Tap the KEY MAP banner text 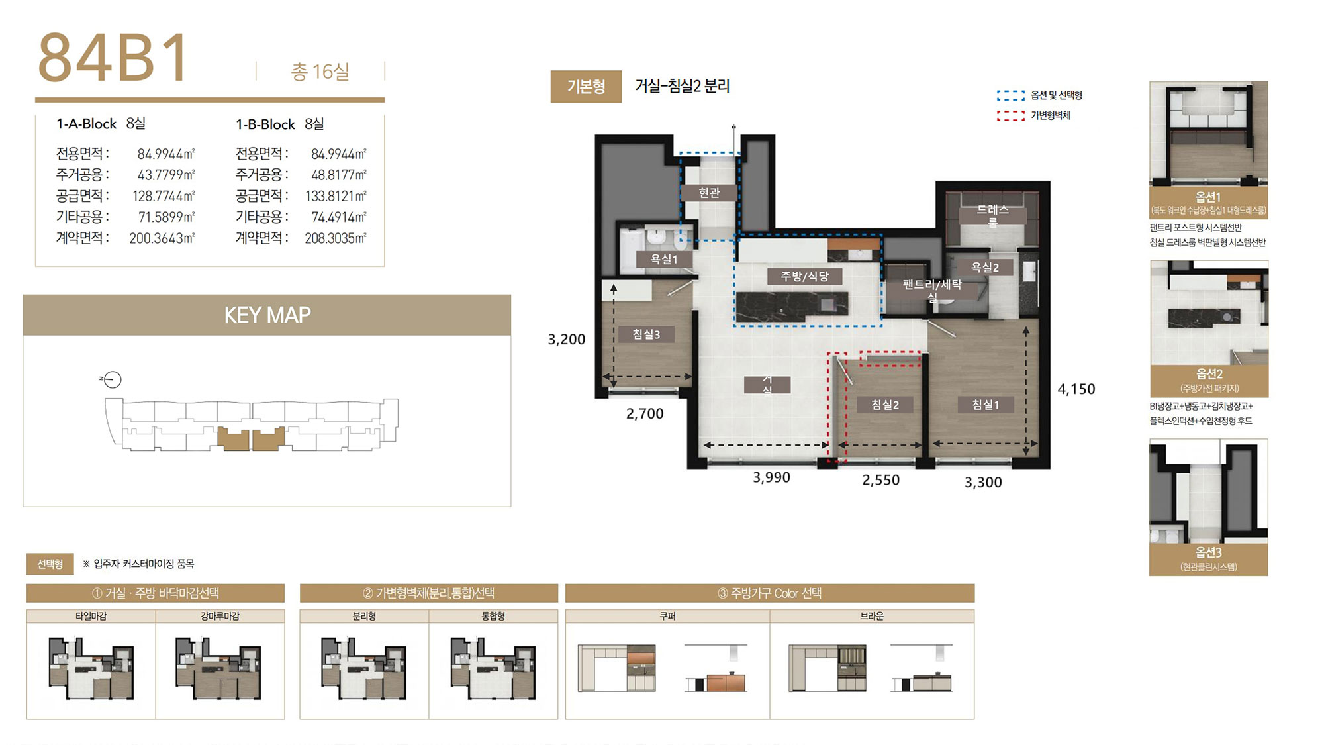267,315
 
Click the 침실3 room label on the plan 646,334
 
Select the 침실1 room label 986,405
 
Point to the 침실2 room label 885,405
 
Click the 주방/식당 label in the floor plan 805,276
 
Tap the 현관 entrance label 709,193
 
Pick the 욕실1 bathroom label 664,259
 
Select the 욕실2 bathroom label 985,267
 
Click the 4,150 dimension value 1076,389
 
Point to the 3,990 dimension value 771,477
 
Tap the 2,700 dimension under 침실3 645,414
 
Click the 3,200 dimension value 567,340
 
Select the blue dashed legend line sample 1011,95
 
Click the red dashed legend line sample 1011,116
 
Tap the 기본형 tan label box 586,87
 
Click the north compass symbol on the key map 112,379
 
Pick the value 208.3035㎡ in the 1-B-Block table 336,238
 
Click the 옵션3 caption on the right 1209,552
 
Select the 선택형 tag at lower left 50,564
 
